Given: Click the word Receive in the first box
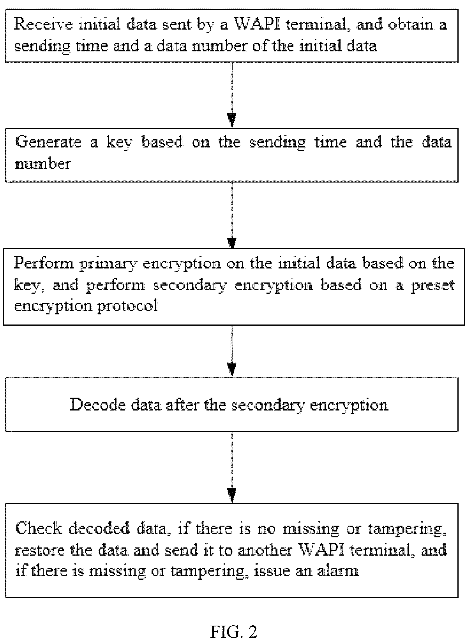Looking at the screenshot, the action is (43, 24).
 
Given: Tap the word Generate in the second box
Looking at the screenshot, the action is (48, 142).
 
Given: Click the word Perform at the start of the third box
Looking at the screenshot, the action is (44, 263).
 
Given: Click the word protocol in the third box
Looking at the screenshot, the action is (128, 306).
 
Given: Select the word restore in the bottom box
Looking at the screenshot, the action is (40, 550).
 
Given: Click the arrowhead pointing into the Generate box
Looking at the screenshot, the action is (232, 121).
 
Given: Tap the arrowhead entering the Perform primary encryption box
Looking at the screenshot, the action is (232, 242).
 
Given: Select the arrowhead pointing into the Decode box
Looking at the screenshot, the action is (232, 370).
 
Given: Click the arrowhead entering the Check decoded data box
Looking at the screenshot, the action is (232, 495).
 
